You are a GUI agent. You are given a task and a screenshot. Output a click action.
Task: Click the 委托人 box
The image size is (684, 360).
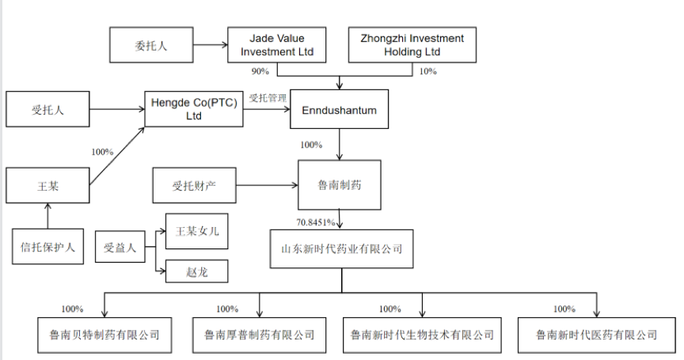pos(150,45)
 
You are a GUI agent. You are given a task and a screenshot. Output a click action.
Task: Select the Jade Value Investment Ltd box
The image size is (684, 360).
pos(276,45)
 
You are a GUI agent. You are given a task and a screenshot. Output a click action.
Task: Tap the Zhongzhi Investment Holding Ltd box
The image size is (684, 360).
pos(412,45)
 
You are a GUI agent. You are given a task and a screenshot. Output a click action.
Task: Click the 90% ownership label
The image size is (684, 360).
pos(260,71)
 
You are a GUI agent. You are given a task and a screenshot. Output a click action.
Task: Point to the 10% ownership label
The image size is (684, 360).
pos(427,71)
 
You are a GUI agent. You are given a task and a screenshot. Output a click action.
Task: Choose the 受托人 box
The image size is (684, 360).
pos(47,109)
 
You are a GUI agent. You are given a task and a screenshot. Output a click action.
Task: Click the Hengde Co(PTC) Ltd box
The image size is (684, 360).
pos(193,109)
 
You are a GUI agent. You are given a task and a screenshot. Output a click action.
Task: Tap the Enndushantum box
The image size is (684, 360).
pos(340,110)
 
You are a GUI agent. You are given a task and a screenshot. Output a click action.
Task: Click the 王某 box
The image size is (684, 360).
pos(47,187)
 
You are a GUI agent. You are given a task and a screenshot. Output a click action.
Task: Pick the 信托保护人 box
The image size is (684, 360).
pos(47,246)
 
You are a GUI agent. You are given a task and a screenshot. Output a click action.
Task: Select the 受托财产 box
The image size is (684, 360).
pos(194,187)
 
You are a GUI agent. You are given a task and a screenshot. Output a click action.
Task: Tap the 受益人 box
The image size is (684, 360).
pos(120,248)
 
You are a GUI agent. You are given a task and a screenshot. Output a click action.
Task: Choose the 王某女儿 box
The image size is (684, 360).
pos(196,231)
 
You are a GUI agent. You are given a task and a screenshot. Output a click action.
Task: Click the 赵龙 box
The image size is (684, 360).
pos(196,271)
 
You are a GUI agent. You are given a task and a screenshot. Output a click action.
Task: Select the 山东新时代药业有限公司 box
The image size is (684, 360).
pos(342,248)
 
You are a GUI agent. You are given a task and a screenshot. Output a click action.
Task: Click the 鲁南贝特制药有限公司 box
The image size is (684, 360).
pos(100,335)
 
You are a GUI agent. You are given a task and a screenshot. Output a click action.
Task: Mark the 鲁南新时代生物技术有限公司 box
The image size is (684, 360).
pos(420,335)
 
